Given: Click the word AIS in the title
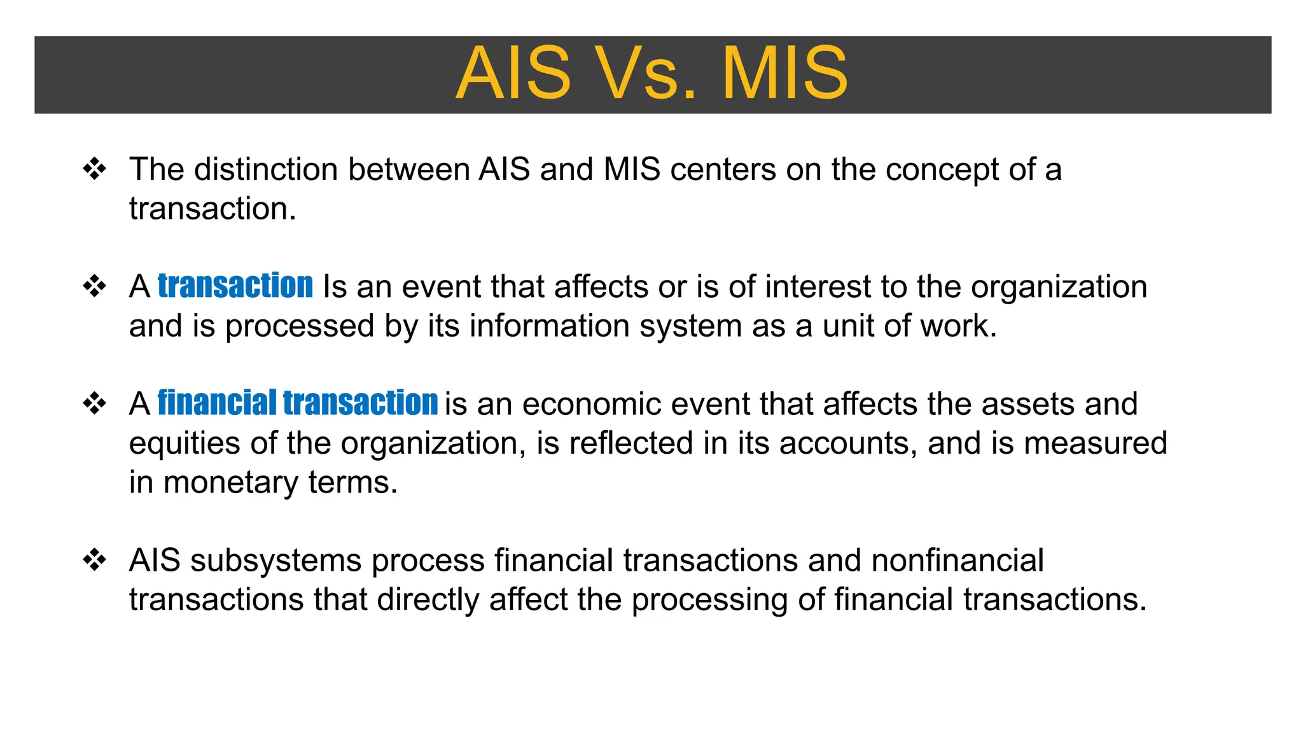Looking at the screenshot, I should [514, 74].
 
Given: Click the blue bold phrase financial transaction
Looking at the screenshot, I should [297, 403].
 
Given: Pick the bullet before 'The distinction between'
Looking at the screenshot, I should [95, 169].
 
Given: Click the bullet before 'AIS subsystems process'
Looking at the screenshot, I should [95, 561].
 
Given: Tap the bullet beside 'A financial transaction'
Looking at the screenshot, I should [95, 403].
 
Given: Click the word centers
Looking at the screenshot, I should [723, 170].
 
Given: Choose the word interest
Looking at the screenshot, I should [818, 287].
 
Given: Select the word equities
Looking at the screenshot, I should [185, 443].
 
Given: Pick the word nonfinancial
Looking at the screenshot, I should [957, 561].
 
